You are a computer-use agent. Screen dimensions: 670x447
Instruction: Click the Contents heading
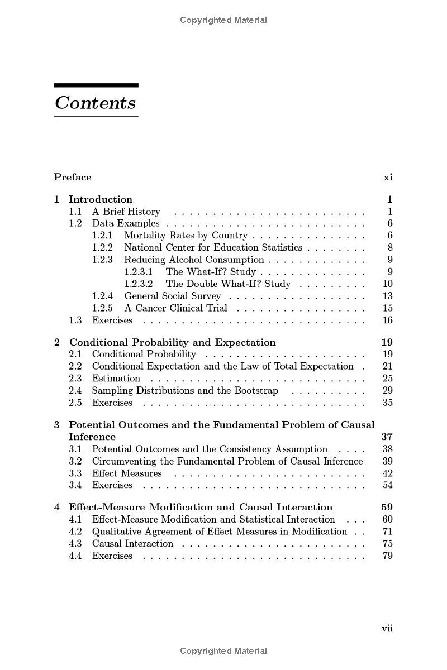[x=96, y=103]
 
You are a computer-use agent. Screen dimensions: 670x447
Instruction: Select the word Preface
[x=73, y=178]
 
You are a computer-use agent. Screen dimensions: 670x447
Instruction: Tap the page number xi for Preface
[x=388, y=178]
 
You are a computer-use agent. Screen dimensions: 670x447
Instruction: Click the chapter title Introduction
[x=101, y=199]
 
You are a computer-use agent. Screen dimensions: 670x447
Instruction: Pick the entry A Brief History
[x=126, y=212]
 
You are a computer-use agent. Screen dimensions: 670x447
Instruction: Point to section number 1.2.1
[x=102, y=236]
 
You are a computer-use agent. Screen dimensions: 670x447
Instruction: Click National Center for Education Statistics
[x=213, y=247]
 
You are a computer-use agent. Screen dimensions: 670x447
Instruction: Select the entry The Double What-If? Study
[x=228, y=284]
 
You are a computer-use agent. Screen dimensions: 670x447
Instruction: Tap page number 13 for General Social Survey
[x=388, y=296]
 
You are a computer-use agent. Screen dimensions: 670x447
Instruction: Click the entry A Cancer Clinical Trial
[x=175, y=308]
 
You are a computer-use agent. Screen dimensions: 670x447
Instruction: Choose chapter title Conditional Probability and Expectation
[x=172, y=342]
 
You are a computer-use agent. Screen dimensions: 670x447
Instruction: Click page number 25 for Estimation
[x=388, y=379]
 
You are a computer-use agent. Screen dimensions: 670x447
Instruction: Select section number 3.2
[x=75, y=461]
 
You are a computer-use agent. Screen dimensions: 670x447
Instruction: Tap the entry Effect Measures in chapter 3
[x=127, y=473]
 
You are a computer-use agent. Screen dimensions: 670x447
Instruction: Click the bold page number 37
[x=387, y=437]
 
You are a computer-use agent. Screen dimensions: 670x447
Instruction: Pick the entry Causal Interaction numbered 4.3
[x=132, y=544]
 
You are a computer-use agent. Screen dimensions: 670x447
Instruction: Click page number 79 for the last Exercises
[x=388, y=556]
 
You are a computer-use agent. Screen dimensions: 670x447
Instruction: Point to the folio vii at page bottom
[x=387, y=629]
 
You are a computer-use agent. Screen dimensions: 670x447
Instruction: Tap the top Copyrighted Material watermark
[x=223, y=20]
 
